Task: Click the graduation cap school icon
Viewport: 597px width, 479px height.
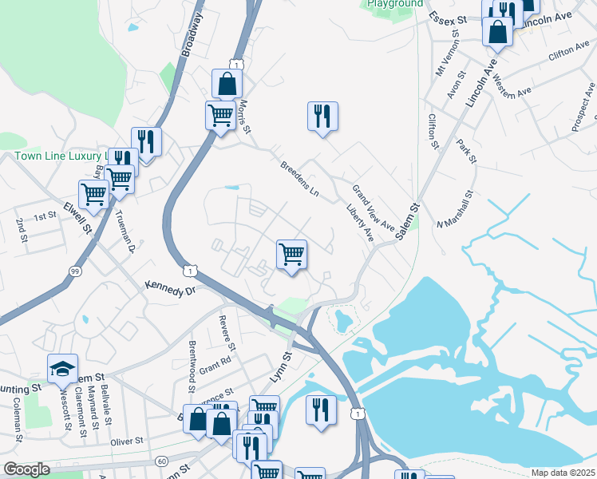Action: point(62,368)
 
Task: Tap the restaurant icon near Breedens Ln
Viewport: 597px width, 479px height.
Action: point(322,116)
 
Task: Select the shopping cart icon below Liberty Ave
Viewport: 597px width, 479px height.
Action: point(292,255)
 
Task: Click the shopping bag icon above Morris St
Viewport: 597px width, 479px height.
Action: point(227,84)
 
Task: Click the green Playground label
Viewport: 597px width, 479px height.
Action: point(395,4)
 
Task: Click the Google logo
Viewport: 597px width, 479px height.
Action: point(26,469)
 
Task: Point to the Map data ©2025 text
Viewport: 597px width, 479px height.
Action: point(563,473)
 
